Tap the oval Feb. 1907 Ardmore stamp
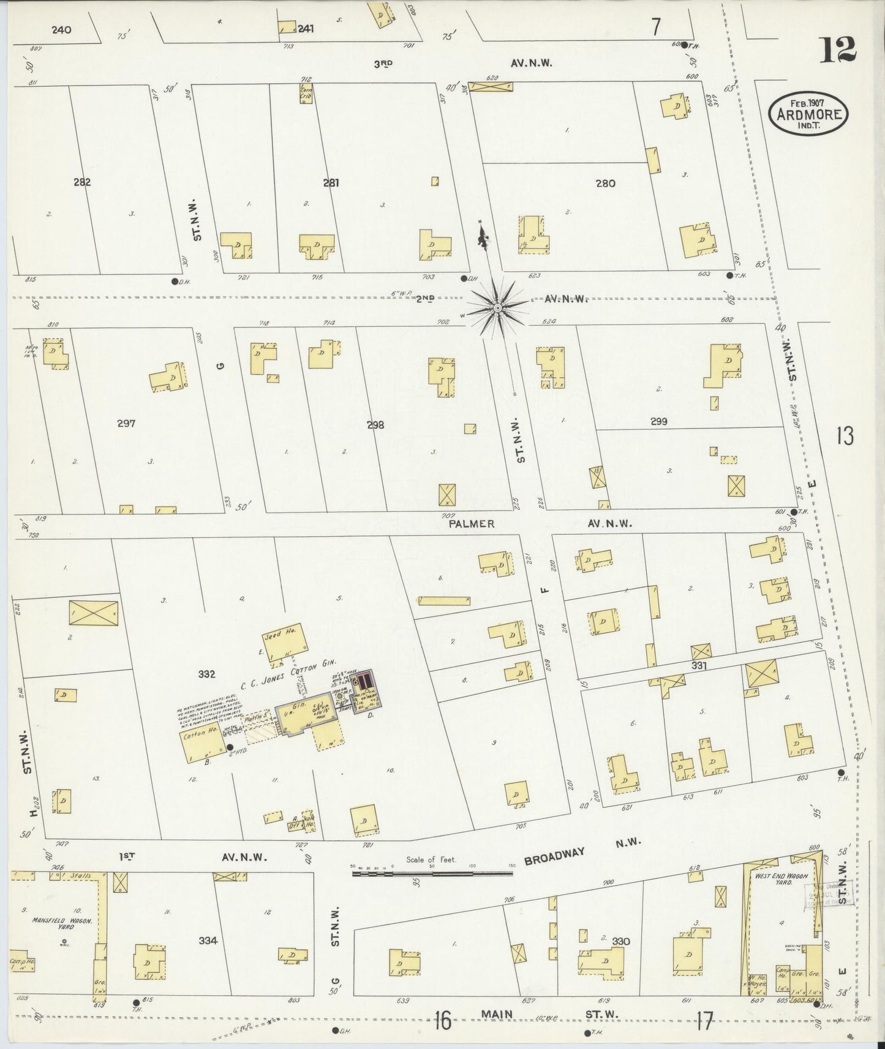[808, 113]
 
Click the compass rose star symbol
[497, 306]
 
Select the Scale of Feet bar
[432, 873]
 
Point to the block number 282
[81, 182]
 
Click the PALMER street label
[471, 524]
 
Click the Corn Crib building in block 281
[306, 92]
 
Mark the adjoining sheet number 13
[845, 436]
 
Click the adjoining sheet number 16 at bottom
[443, 1020]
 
